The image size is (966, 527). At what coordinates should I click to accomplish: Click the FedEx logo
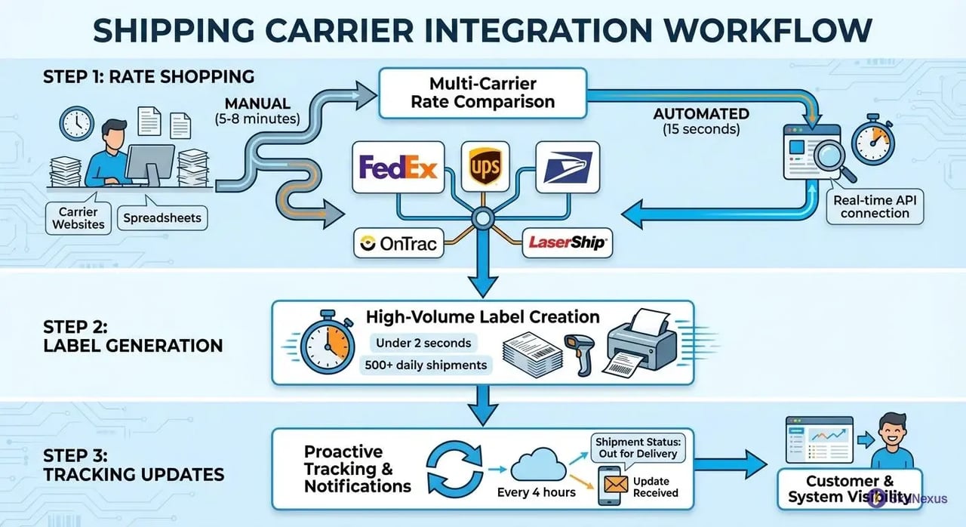pos(398,167)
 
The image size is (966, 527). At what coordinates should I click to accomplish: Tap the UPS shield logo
pos(483,166)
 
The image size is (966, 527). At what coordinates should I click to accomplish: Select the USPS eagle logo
pos(568,166)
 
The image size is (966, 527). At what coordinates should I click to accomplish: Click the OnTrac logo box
pos(399,243)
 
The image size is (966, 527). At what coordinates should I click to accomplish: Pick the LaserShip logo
pos(567,243)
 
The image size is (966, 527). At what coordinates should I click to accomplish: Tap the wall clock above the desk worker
pos(77,123)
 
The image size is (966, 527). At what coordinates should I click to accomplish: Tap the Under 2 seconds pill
pos(423,343)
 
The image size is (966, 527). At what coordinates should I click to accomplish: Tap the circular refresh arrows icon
pos(454,469)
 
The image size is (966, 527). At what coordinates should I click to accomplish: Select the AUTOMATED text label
pos(701,114)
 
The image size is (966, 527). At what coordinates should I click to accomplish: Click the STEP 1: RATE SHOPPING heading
pos(149,77)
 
